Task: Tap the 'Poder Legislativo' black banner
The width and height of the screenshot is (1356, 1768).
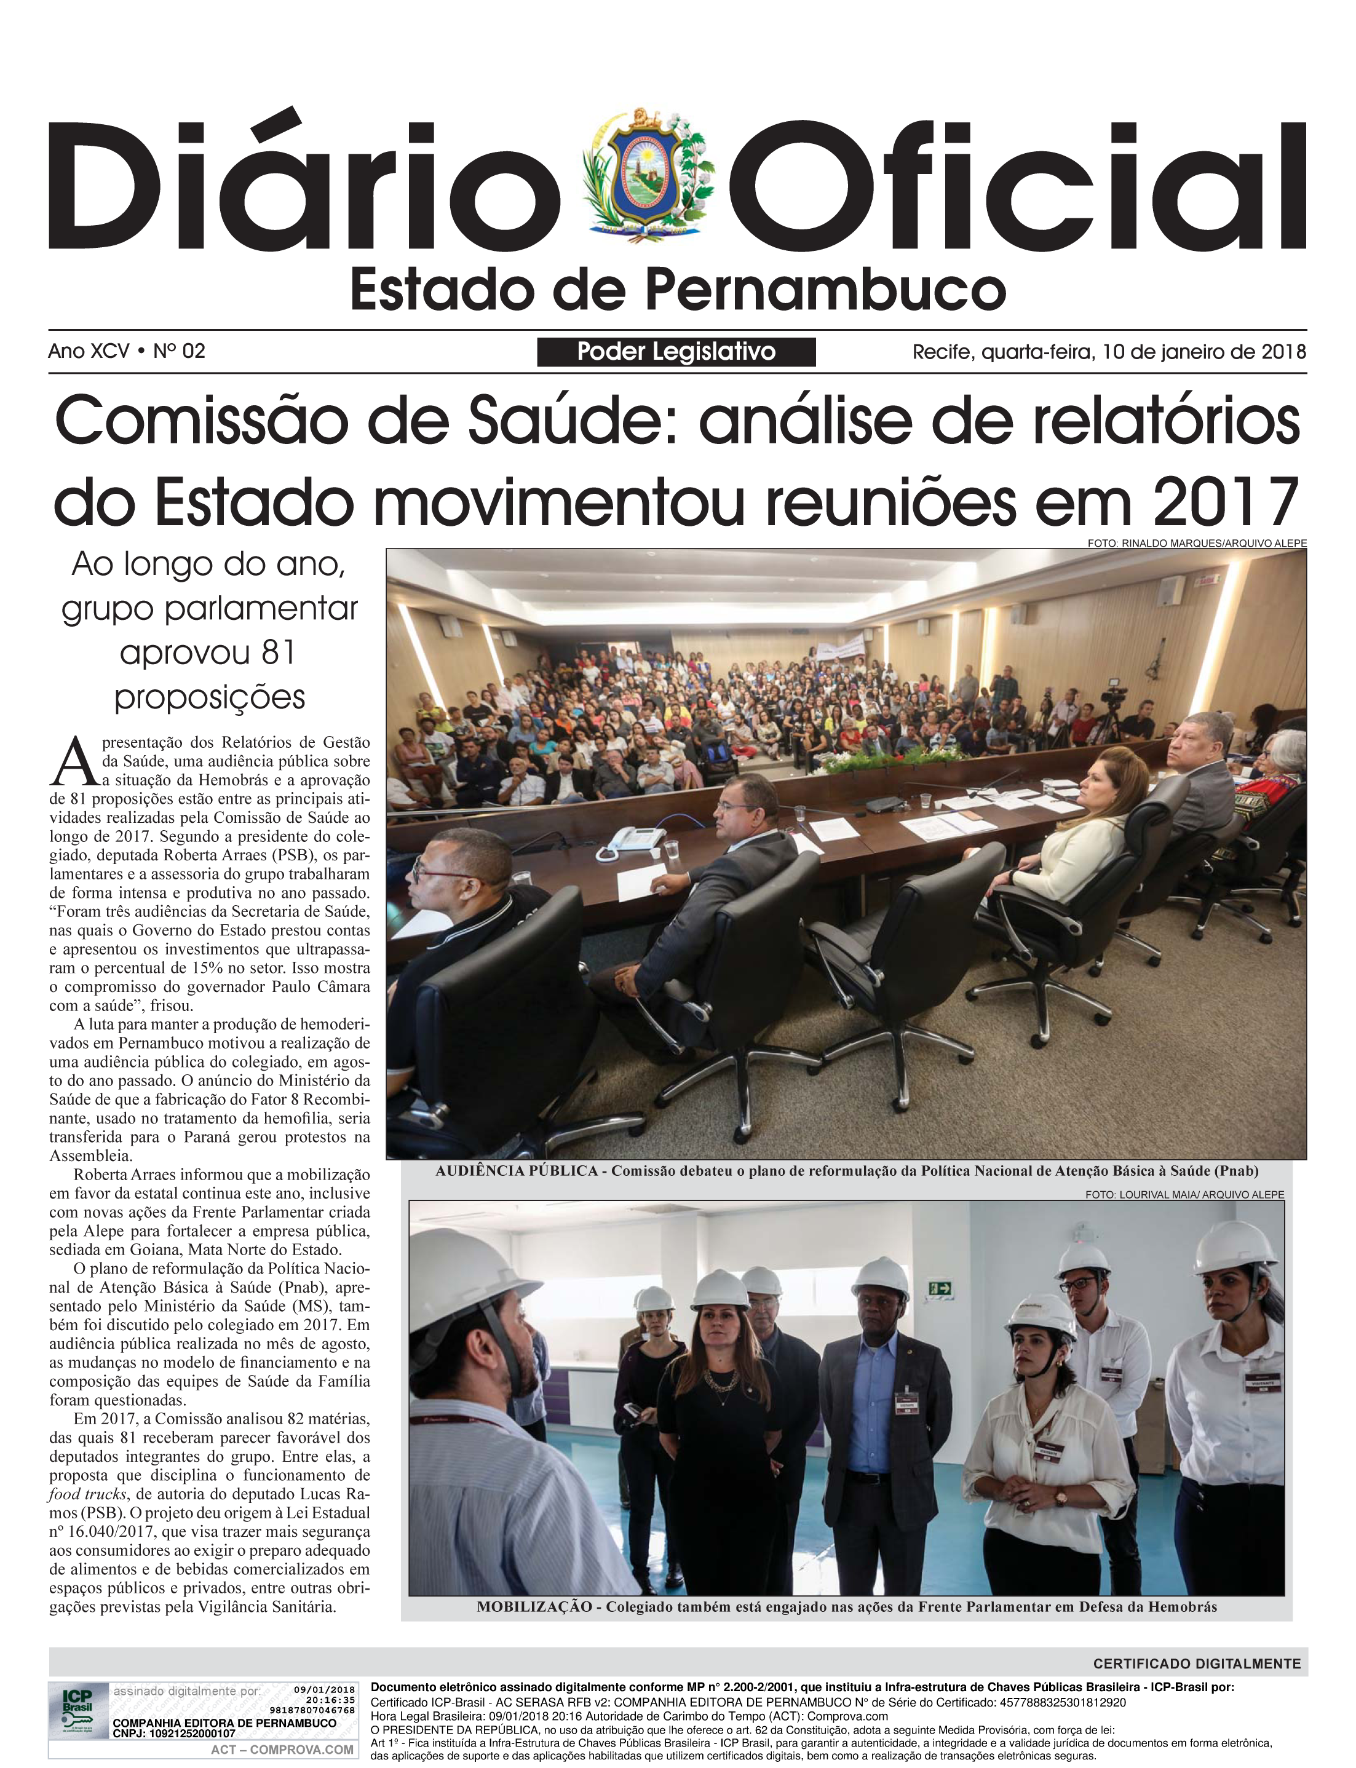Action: pyautogui.click(x=676, y=352)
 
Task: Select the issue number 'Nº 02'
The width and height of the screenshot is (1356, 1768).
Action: pyautogui.click(x=179, y=351)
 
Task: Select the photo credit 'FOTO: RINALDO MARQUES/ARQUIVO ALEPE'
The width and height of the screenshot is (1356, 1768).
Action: pyautogui.click(x=1196, y=543)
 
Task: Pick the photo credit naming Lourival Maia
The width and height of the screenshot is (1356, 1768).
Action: pyautogui.click(x=1184, y=1194)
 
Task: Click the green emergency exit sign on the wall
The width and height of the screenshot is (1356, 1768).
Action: pyautogui.click(x=940, y=1289)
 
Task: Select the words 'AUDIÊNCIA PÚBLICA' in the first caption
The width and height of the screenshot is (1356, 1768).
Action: pyautogui.click(x=517, y=1171)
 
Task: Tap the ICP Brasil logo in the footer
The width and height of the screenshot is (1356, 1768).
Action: pyautogui.click(x=77, y=1708)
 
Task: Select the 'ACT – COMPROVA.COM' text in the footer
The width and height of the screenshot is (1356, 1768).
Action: pyautogui.click(x=282, y=1750)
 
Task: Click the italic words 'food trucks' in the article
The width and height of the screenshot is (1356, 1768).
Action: pyautogui.click(x=87, y=1494)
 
